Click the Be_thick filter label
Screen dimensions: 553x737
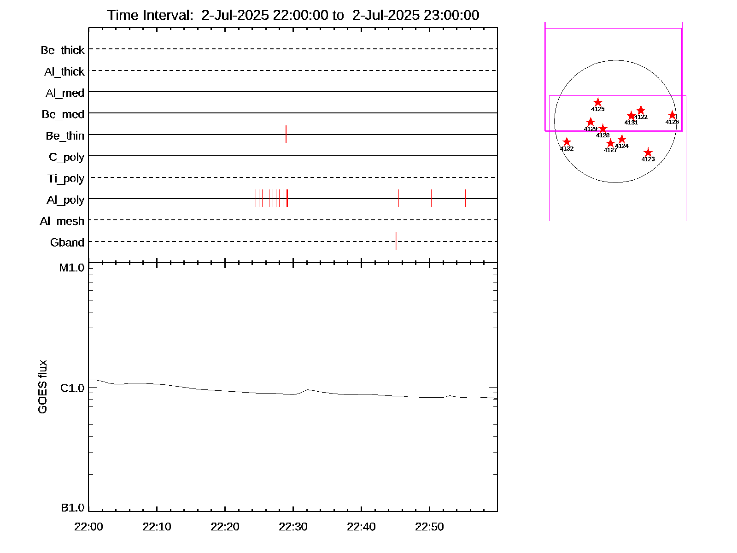coord(63,50)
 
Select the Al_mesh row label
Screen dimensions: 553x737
coord(62,221)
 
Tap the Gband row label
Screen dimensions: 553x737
coord(67,242)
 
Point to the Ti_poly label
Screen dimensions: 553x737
coord(66,178)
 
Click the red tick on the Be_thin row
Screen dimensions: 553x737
coord(286,134)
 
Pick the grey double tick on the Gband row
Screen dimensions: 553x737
coord(396,241)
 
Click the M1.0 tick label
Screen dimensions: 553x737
coord(72,268)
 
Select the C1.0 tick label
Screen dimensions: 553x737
coord(72,388)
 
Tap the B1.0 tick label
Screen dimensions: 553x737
coord(72,508)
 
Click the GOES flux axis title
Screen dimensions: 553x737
coord(42,387)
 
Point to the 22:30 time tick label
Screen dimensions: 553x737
coord(293,527)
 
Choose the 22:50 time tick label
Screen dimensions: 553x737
coord(429,527)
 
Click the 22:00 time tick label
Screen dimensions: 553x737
coord(88,527)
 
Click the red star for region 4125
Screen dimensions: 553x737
coord(598,102)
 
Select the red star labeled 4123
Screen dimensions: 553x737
coord(648,153)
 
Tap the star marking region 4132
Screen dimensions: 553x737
coord(567,142)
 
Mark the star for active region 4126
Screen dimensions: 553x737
coord(672,115)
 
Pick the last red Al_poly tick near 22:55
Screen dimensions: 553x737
coord(465,198)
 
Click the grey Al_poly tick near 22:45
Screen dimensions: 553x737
coord(399,198)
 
